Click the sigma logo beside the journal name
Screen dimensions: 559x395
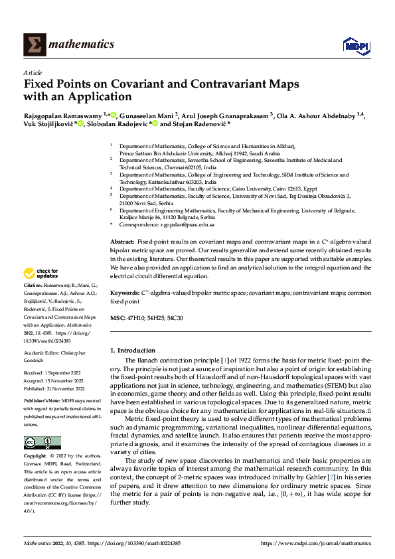pyautogui.click(x=33, y=44)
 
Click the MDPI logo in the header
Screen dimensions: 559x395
pyautogui.click(x=355, y=44)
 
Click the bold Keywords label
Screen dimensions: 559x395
pyautogui.click(x=124, y=292)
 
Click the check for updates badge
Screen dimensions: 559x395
pyautogui.click(x=41, y=274)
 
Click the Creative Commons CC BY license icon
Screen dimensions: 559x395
pyautogui.click(x=42, y=443)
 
